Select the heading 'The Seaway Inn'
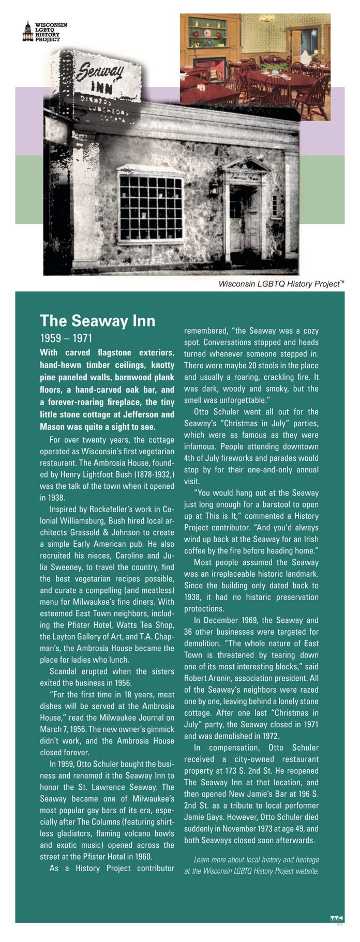pyautogui.click(x=97, y=321)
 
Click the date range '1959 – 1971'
pyautogui.click(x=66, y=338)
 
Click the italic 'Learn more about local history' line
pyautogui.click(x=256, y=860)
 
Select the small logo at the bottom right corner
pyautogui.click(x=336, y=919)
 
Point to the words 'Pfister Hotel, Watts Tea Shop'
pyautogui.click(x=119, y=625)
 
